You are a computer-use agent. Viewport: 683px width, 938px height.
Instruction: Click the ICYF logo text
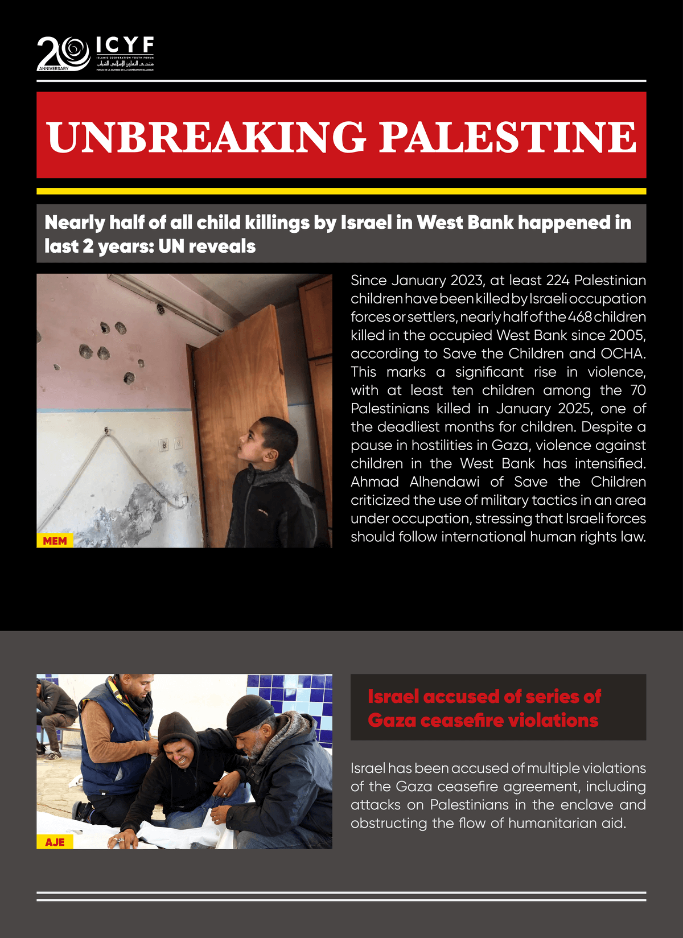125,45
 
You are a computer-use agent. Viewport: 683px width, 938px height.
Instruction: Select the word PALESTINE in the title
507,137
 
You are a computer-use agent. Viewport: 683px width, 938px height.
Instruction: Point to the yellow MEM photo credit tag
55,541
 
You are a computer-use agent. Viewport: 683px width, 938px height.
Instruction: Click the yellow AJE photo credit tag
55,842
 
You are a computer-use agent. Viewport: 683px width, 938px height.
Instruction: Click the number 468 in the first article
579,317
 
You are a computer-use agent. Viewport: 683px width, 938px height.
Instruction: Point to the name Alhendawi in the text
444,482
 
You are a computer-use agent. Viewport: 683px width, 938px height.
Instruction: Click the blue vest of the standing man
108,734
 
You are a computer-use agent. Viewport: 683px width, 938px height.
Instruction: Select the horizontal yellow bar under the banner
341,191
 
